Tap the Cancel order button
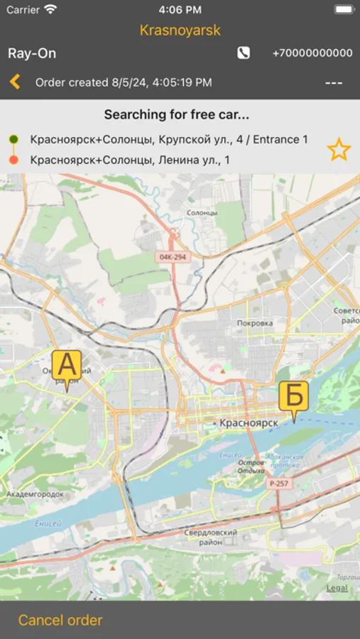[x=60, y=620]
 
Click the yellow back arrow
[x=15, y=82]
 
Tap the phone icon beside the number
[x=244, y=53]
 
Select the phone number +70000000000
[x=312, y=53]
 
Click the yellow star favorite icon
[x=339, y=149]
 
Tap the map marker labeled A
[x=67, y=368]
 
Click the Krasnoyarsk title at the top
[x=180, y=30]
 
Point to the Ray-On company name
[x=32, y=53]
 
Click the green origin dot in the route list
[x=13, y=139]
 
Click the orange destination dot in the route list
[x=13, y=160]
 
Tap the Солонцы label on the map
[x=201, y=212]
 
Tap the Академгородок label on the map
[x=35, y=493]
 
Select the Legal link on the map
[x=337, y=588]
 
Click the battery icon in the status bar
[x=343, y=10]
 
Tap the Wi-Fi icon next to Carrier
[x=50, y=10]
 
